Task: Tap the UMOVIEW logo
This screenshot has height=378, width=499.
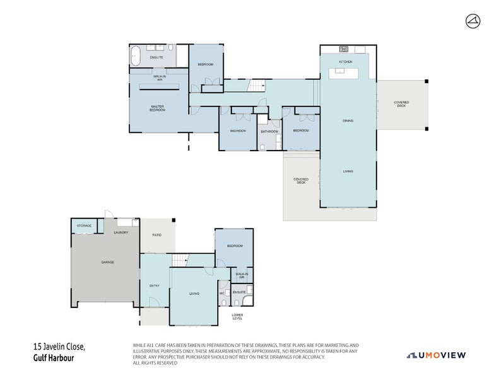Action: [x=437, y=355]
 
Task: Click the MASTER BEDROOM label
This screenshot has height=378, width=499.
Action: [x=157, y=108]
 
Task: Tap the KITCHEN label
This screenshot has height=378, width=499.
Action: [x=345, y=62]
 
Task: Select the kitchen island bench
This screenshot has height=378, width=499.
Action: [x=346, y=73]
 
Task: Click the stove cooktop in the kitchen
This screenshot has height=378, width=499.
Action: [x=344, y=49]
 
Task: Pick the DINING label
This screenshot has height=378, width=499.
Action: [x=348, y=120]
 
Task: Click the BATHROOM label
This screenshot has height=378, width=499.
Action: [x=269, y=131]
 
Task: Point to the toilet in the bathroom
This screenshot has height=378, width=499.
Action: [x=262, y=147]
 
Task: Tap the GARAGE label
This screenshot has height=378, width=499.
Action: [x=108, y=262]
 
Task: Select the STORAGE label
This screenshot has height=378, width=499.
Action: [x=84, y=226]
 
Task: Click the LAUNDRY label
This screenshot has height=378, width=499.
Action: [x=121, y=232]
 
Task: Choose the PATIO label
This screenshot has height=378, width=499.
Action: [x=156, y=235]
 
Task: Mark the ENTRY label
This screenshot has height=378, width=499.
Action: [x=154, y=286]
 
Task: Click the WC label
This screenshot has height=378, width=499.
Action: [x=223, y=293]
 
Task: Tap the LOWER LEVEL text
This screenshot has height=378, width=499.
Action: [x=237, y=316]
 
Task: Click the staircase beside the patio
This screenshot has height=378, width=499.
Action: [x=180, y=260]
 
